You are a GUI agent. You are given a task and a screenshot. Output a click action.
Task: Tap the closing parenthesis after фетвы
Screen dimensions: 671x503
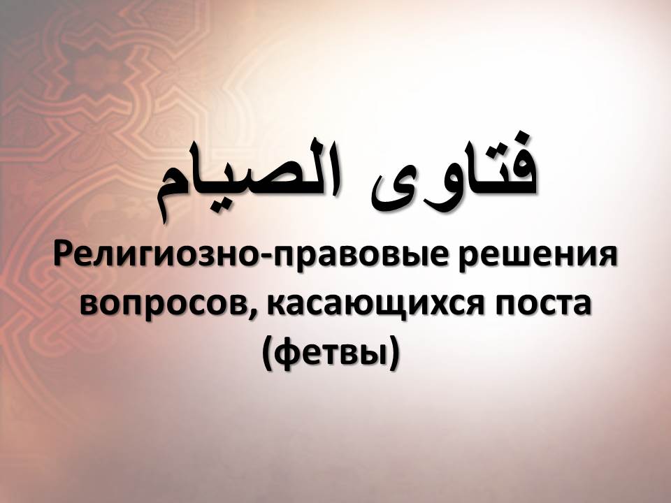pyautogui.click(x=394, y=352)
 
